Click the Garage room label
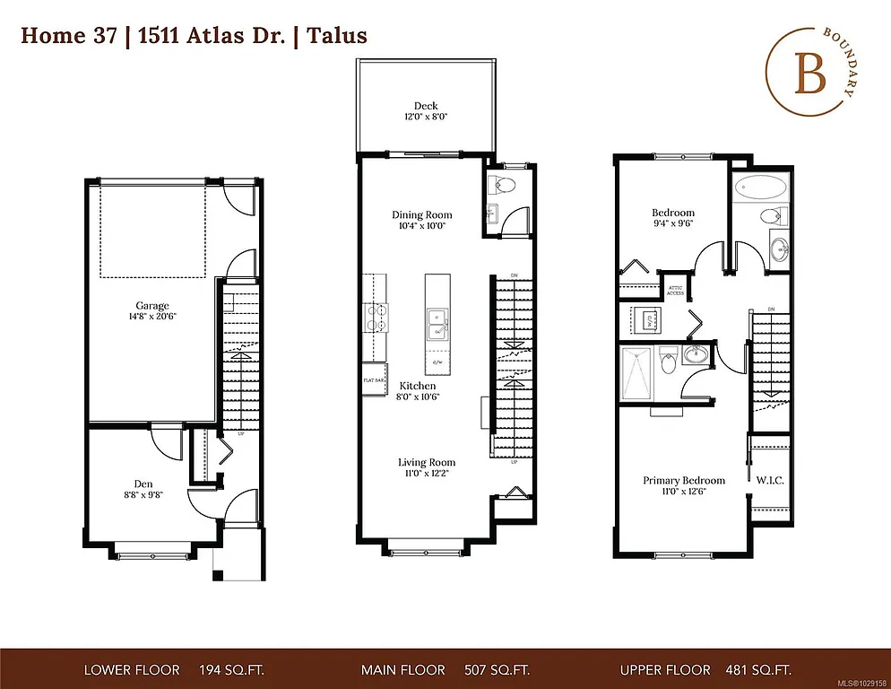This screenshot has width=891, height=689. pyautogui.click(x=151, y=306)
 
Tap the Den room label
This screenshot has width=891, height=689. pyautogui.click(x=143, y=484)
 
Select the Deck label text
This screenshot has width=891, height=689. pyautogui.click(x=426, y=106)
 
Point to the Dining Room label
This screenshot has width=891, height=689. pyautogui.click(x=421, y=214)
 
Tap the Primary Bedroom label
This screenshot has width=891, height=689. pyautogui.click(x=684, y=480)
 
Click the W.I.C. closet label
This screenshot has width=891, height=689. pyautogui.click(x=770, y=480)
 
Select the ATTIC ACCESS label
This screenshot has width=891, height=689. pyautogui.click(x=675, y=290)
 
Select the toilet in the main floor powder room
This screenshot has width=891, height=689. pyautogui.click(x=503, y=187)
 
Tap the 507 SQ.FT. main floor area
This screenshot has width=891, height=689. pyautogui.click(x=496, y=670)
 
